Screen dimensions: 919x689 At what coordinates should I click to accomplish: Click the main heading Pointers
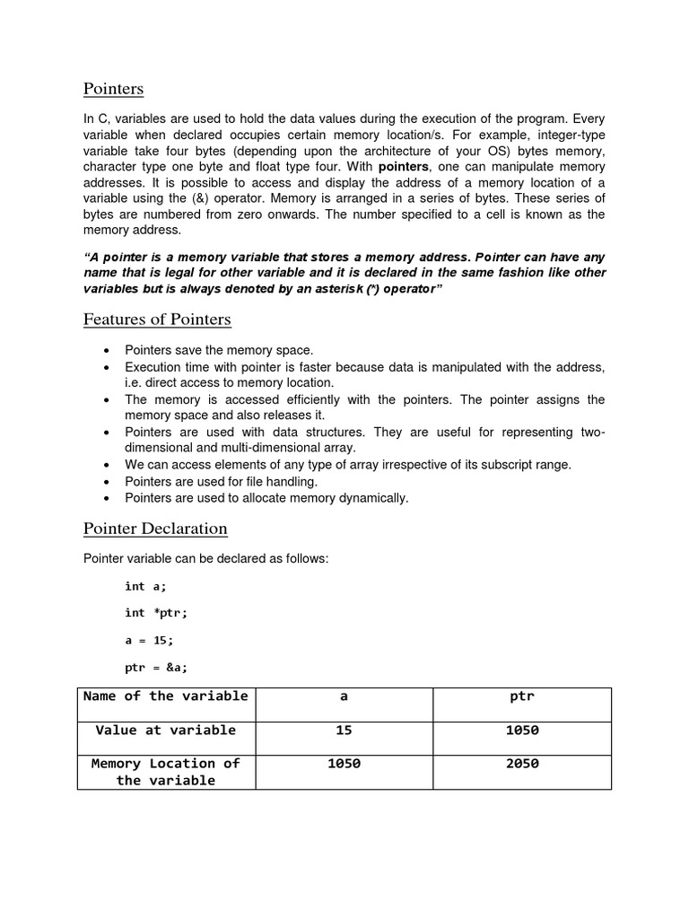tap(113, 89)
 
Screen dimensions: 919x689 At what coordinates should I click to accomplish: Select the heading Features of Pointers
tap(157, 319)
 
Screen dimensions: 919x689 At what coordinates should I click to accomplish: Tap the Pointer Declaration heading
tap(155, 528)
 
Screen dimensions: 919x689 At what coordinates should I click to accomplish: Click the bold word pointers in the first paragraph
tap(403, 167)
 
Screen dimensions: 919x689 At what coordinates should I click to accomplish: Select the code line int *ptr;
tap(156, 613)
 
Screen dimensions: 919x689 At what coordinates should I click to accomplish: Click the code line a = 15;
tap(149, 640)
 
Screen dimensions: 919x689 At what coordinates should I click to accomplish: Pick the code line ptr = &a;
tap(156, 667)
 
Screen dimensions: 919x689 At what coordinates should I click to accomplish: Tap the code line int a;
tap(145, 586)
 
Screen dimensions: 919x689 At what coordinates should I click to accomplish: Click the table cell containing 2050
tap(521, 764)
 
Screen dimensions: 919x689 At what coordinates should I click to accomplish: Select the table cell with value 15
tap(344, 731)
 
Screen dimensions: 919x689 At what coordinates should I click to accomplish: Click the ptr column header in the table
tap(521, 696)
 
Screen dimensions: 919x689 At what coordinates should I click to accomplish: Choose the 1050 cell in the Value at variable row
tap(521, 731)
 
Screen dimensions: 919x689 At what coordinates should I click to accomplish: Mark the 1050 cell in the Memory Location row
tap(344, 764)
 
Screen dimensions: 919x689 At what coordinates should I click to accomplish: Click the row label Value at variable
tap(166, 731)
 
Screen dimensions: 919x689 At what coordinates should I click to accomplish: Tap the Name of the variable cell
tap(166, 696)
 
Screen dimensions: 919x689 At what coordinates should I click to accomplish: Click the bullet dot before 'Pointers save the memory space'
tap(108, 350)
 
